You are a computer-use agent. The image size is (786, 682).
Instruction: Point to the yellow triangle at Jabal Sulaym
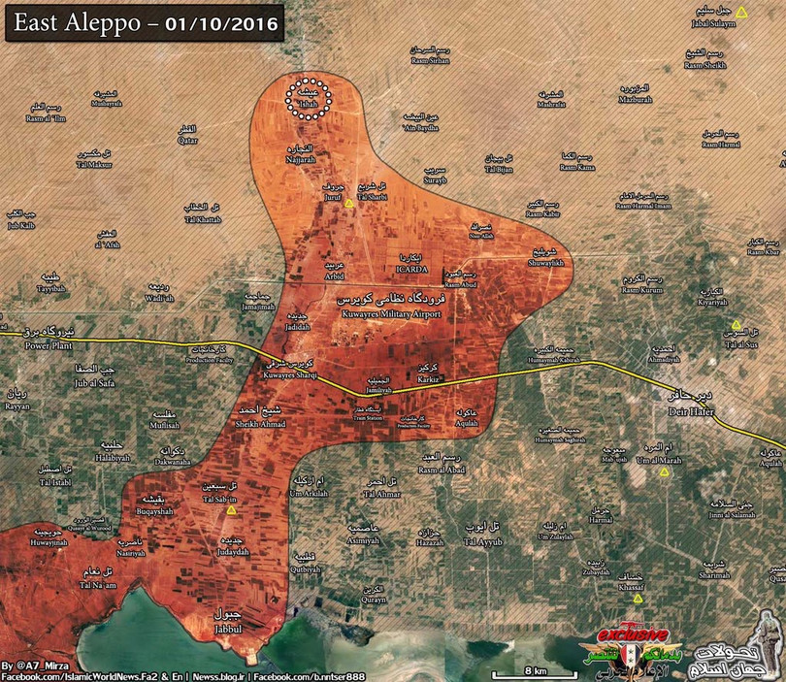pyautogui.click(x=741, y=13)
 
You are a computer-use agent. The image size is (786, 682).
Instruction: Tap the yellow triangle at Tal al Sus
pyautogui.click(x=737, y=326)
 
